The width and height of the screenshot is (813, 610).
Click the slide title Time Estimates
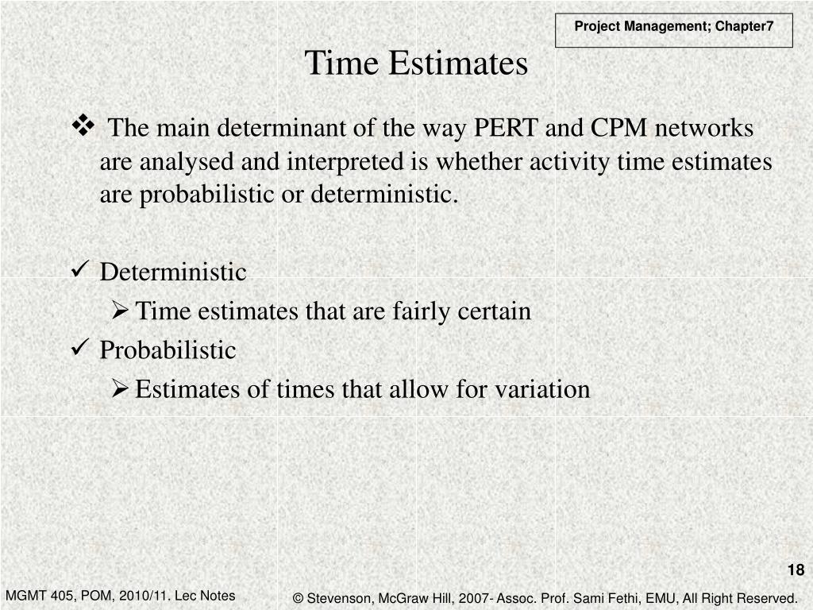(x=416, y=64)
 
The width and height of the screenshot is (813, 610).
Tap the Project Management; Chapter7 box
(x=673, y=26)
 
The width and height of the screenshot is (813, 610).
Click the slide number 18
(x=796, y=569)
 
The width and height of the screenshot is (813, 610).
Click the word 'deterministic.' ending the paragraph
(x=384, y=195)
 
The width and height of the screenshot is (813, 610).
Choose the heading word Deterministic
(x=173, y=272)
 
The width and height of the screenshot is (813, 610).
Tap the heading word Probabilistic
(x=168, y=350)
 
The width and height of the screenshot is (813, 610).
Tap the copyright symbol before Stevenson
(x=299, y=598)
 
